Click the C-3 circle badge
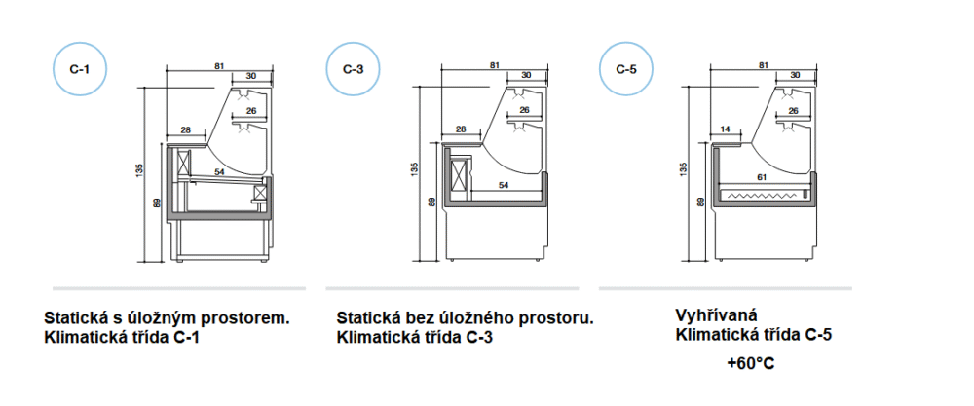point(352,70)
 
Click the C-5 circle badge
point(626,70)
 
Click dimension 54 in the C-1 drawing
point(220,171)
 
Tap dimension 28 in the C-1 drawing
point(185,129)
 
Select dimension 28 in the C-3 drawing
point(461,129)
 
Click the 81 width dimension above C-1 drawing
point(219,65)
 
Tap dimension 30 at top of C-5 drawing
point(795,75)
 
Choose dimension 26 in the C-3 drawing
point(524,110)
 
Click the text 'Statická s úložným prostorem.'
point(168,318)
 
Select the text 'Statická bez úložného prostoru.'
point(465,318)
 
